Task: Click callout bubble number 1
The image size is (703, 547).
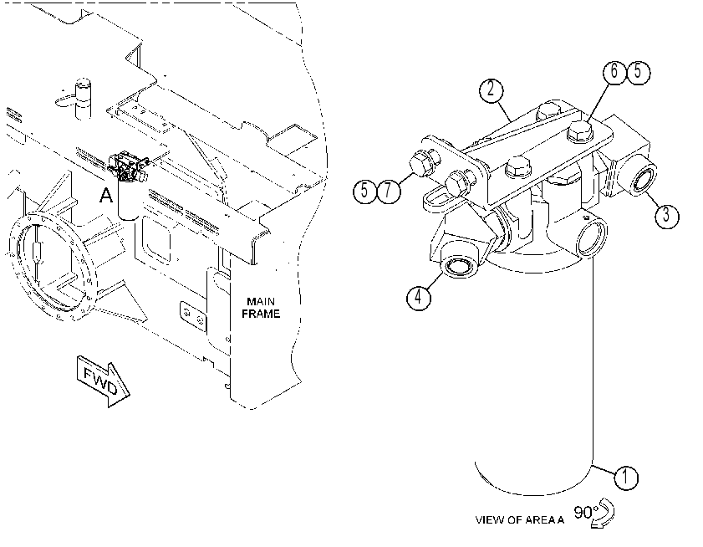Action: coord(625,478)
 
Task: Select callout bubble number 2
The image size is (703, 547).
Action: coord(491,90)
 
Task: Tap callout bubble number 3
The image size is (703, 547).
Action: coord(667,216)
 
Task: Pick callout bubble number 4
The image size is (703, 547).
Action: coord(419,297)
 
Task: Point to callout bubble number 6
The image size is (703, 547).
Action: coord(614,72)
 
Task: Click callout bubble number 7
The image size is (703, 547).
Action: coord(388,191)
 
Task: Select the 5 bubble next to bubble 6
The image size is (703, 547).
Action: coord(638,72)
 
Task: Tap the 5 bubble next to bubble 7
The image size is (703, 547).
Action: coord(365,191)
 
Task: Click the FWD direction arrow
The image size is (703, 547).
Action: coord(103,381)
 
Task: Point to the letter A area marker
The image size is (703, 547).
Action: coord(106,195)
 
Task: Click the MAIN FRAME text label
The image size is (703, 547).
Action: coord(261,308)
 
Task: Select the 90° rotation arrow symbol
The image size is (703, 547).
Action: coord(603,513)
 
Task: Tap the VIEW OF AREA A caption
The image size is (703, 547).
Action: coord(520,520)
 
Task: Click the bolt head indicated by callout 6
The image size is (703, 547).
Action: coord(580,130)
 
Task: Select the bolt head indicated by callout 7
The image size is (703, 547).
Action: coord(420,165)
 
